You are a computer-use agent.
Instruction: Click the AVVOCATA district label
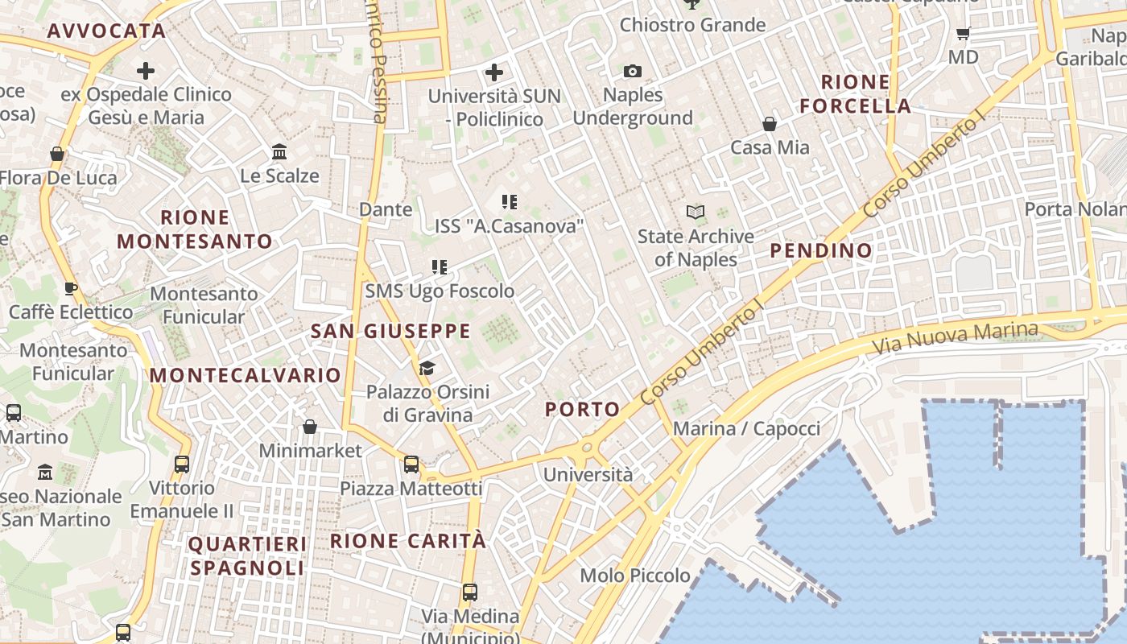[106, 31]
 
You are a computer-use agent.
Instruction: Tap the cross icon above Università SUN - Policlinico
[494, 73]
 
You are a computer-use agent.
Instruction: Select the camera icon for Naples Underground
[633, 72]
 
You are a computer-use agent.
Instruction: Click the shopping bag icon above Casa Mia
[770, 124]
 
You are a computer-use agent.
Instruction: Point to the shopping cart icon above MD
[963, 34]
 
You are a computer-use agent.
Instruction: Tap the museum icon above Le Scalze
[279, 151]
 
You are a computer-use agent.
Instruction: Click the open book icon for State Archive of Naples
[696, 213]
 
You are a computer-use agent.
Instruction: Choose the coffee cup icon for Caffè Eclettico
[71, 288]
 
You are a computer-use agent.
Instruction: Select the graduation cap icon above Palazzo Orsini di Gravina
[427, 369]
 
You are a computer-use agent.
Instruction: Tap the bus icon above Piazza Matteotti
[411, 464]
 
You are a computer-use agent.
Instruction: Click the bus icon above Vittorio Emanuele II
[182, 464]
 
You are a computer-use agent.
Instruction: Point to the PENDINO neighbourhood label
[821, 250]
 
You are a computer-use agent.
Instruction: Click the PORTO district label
[583, 409]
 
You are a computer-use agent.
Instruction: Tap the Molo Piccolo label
[635, 576]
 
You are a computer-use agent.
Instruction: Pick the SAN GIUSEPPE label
[390, 331]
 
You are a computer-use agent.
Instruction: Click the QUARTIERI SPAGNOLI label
[247, 556]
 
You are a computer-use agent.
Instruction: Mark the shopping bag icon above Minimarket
[310, 427]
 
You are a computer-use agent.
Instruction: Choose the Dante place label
[386, 210]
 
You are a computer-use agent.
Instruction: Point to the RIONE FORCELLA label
[856, 94]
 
